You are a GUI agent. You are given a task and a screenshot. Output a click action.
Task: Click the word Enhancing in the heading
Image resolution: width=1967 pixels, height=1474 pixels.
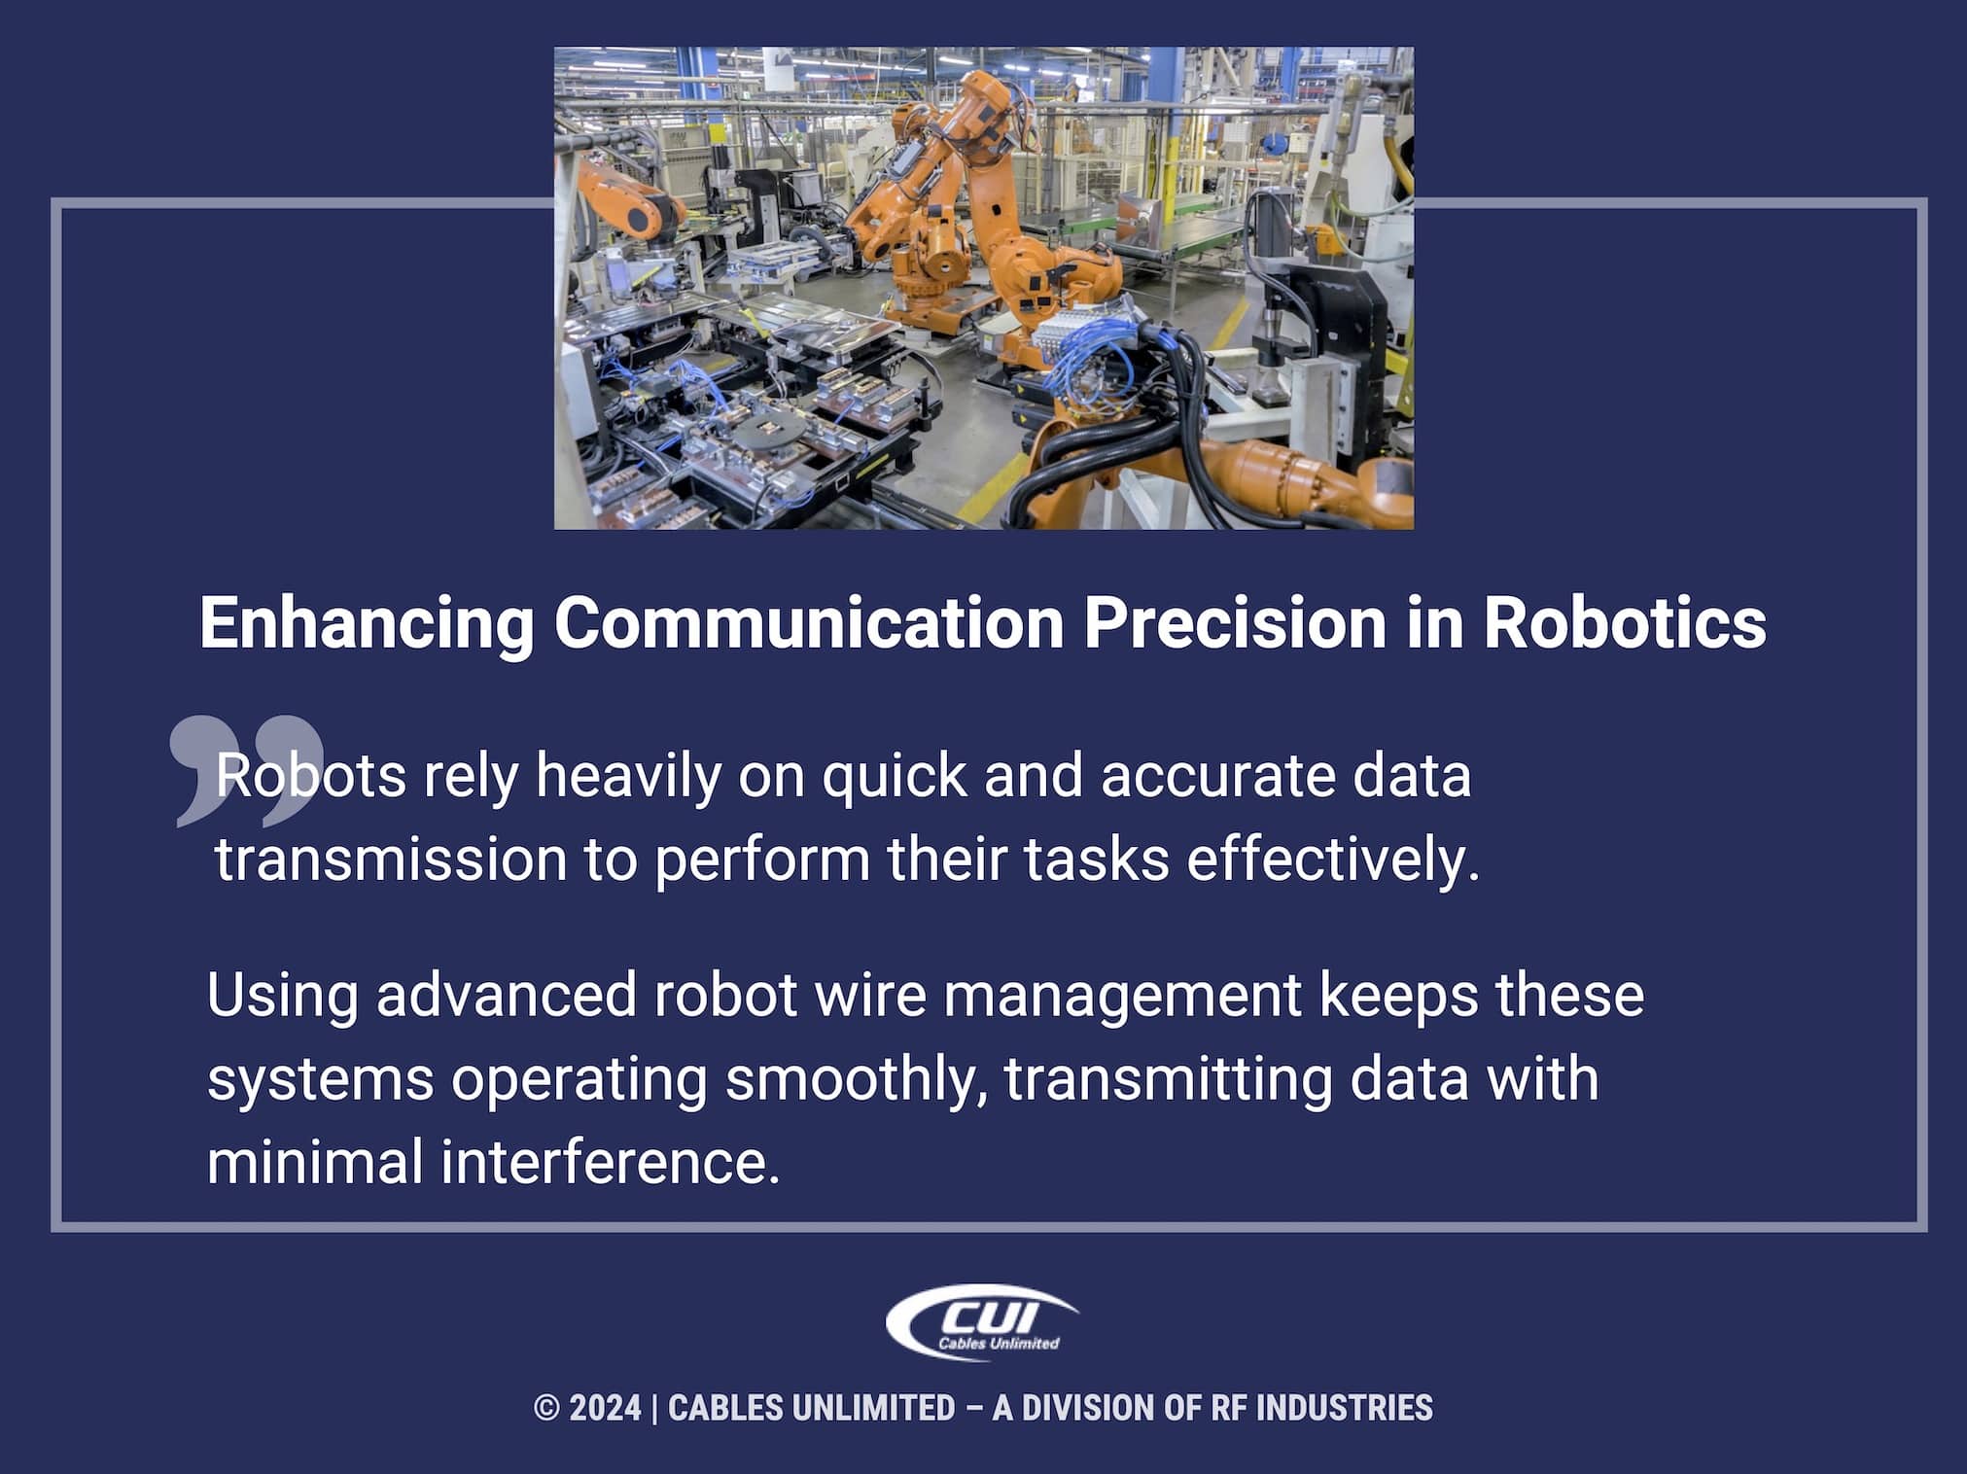tap(367, 623)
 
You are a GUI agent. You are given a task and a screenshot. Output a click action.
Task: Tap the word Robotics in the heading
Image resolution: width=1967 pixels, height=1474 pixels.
tap(1624, 623)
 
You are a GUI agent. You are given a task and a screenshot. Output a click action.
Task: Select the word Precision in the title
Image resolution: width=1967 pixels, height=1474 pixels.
tap(1234, 623)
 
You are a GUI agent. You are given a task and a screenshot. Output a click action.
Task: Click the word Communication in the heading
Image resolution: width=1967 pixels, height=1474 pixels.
tap(809, 623)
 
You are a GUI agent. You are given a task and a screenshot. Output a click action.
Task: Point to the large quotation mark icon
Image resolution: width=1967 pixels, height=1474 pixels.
tap(245, 768)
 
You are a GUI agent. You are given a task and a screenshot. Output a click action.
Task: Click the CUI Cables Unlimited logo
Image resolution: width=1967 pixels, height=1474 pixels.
tap(982, 1322)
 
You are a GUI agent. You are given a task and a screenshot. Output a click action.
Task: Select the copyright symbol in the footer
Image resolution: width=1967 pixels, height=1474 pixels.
tap(545, 1408)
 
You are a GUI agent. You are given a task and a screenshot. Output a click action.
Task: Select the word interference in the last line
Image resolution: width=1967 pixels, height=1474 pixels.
tap(610, 1163)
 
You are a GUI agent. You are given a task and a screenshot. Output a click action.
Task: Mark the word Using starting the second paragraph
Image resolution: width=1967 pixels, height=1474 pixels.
tap(282, 998)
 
